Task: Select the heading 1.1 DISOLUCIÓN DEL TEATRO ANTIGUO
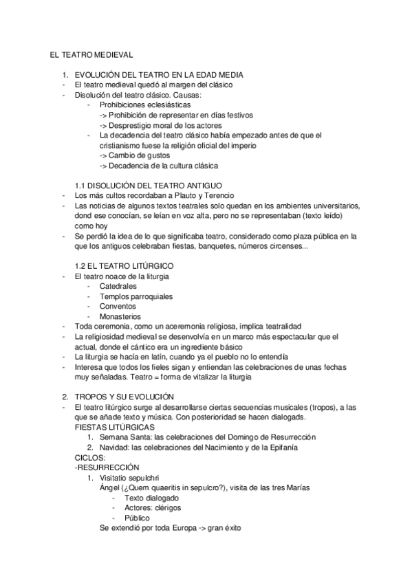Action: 148,186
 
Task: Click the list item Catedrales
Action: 118,285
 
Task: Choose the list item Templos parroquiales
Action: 135,296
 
